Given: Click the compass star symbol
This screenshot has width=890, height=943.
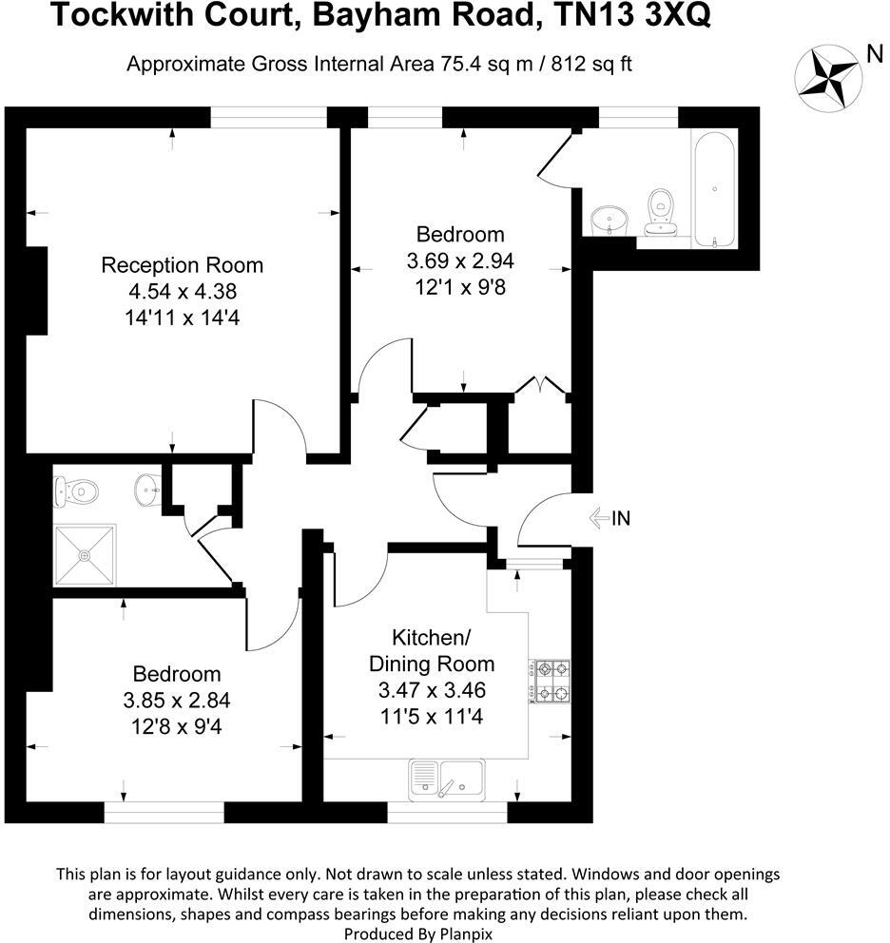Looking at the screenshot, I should point(828,75).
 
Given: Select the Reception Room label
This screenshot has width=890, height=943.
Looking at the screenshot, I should point(183,265).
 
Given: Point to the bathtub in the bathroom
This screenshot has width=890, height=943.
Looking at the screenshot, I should point(714,190).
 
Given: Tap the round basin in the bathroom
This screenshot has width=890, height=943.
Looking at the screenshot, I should point(606,221).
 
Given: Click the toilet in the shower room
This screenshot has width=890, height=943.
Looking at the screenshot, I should point(77,491).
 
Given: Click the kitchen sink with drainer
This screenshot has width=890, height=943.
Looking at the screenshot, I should point(446,777).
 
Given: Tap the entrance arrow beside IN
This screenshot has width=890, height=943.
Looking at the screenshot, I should point(599,518).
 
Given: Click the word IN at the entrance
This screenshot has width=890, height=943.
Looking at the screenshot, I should point(621,518).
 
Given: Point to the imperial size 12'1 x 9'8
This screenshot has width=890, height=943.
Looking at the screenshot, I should point(460,285).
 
